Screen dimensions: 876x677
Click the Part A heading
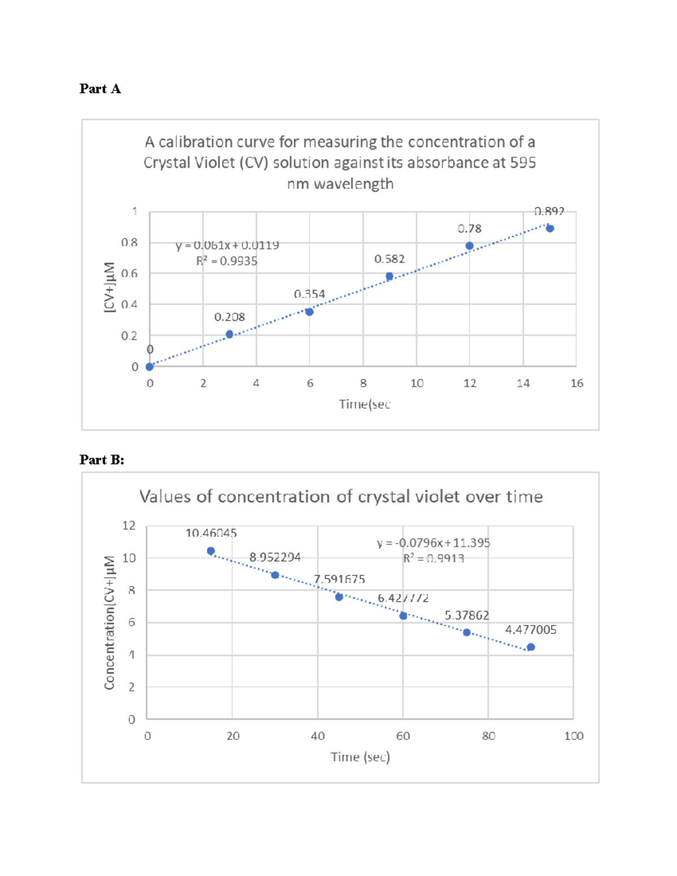pyautogui.click(x=100, y=89)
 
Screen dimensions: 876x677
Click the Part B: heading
pyautogui.click(x=102, y=460)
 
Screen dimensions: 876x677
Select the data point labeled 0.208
pyautogui.click(x=230, y=334)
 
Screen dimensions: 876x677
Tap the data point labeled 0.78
pyautogui.click(x=469, y=246)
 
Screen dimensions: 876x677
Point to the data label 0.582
pyautogui.click(x=389, y=259)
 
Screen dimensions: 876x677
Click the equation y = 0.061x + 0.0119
pyautogui.click(x=227, y=245)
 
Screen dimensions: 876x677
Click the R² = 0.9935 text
pyautogui.click(x=227, y=261)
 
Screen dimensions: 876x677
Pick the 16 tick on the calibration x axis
pyautogui.click(x=577, y=384)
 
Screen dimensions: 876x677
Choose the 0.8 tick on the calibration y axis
pyautogui.click(x=129, y=243)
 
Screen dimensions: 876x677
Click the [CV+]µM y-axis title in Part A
pyautogui.click(x=109, y=287)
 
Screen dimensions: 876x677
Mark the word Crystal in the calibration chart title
pyautogui.click(x=165, y=163)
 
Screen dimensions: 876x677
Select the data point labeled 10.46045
pyautogui.click(x=211, y=551)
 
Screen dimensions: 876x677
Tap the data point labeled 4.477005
pyautogui.click(x=531, y=647)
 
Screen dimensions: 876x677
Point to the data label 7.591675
pyautogui.click(x=340, y=579)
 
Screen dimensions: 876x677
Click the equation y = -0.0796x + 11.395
pyautogui.click(x=433, y=543)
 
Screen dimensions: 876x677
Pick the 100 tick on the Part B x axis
pyautogui.click(x=574, y=736)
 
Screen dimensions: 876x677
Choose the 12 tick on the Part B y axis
pyautogui.click(x=129, y=526)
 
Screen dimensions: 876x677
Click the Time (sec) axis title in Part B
pyautogui.click(x=360, y=757)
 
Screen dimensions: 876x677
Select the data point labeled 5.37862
pyautogui.click(x=467, y=632)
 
